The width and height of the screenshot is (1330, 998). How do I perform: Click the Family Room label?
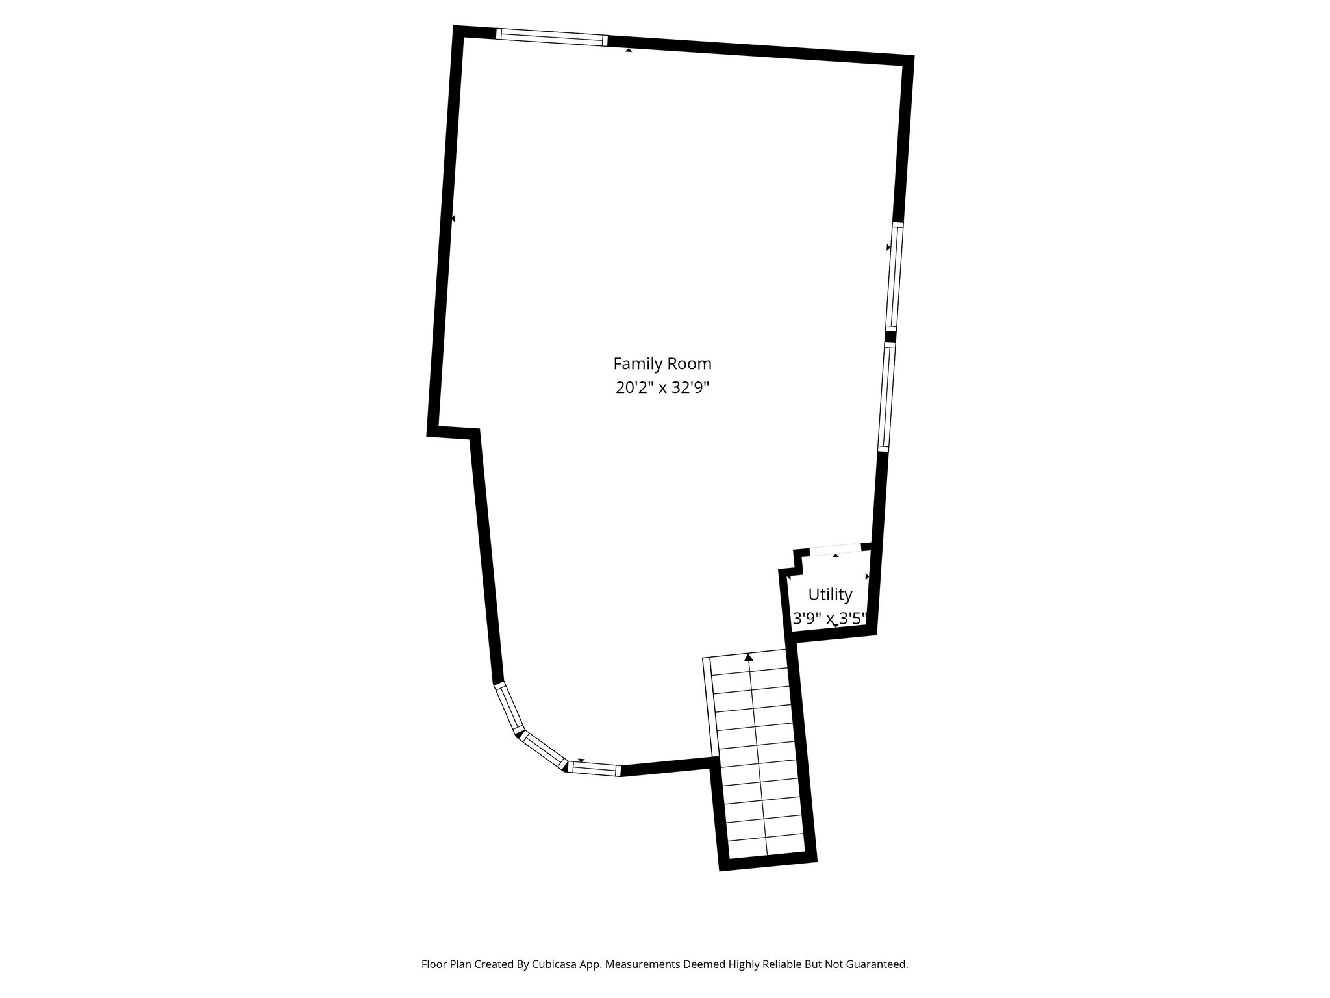coord(662,363)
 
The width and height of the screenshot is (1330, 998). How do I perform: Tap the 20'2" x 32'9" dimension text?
coord(662,388)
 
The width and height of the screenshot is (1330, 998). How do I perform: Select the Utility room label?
coord(830,595)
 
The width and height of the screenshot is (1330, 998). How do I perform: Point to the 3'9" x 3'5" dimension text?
coord(830,619)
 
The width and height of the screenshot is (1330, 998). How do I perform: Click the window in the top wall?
coord(552,37)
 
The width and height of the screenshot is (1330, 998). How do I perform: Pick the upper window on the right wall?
coord(895,276)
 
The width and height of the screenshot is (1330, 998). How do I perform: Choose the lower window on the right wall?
coord(886,396)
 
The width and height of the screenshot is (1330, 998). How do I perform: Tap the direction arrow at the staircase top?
coord(749,658)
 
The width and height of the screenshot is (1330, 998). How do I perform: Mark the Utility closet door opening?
coord(835,549)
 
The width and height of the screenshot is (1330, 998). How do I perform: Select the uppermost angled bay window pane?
coord(509,707)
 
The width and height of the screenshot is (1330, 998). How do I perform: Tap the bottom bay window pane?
coord(594,769)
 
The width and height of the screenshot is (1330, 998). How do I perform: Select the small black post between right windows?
coord(890,337)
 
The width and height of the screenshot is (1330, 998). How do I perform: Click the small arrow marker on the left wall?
coord(453,218)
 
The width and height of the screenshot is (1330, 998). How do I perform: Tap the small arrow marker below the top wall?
coord(628,49)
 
